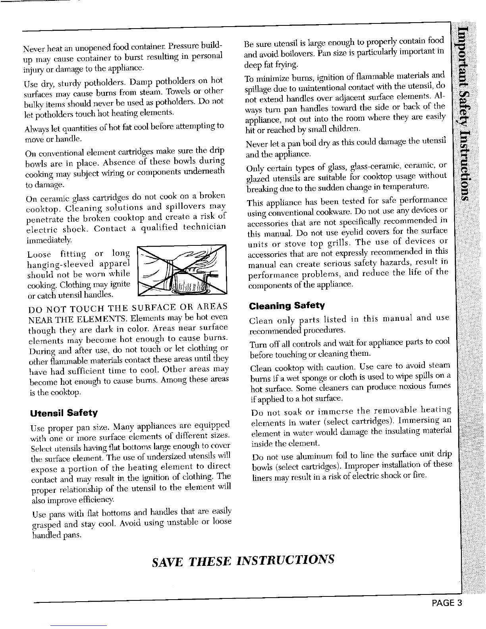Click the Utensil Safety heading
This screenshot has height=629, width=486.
(64, 412)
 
